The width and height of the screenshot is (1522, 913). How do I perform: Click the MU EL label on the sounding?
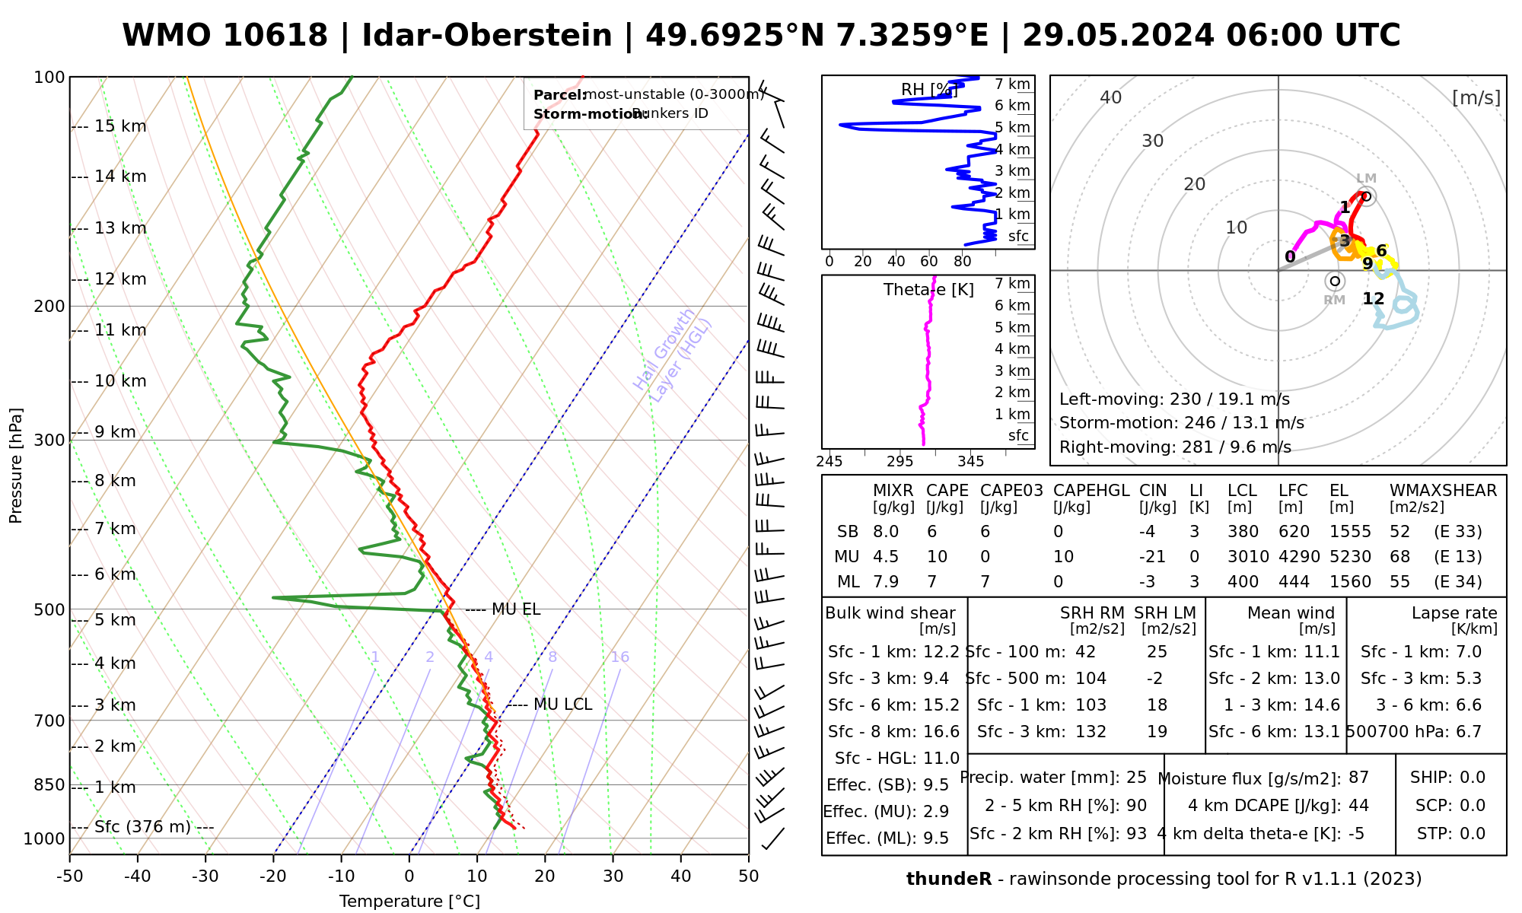pyautogui.click(x=516, y=609)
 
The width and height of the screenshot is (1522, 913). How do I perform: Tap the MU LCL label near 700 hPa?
pyautogui.click(x=562, y=705)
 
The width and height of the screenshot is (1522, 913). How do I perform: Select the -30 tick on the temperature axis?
pyautogui.click(x=205, y=876)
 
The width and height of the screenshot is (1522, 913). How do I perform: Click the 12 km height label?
pyautogui.click(x=120, y=279)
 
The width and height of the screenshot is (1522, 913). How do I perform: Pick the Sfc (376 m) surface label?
pyautogui.click(x=142, y=827)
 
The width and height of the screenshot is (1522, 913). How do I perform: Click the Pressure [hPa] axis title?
pyautogui.click(x=16, y=466)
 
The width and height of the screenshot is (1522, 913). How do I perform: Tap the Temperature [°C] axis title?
pyautogui.click(x=409, y=902)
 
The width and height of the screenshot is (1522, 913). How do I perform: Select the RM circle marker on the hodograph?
pyautogui.click(x=1334, y=282)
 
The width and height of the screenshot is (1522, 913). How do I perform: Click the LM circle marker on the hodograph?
pyautogui.click(x=1367, y=196)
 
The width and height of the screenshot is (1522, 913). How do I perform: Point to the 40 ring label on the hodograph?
pyautogui.click(x=1111, y=97)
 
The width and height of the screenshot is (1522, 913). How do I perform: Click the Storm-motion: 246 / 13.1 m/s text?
pyautogui.click(x=1181, y=423)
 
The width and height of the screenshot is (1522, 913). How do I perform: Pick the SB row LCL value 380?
pyautogui.click(x=1243, y=532)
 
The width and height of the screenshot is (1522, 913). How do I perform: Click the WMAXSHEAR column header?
pyautogui.click(x=1443, y=491)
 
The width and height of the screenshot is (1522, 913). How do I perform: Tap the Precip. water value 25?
pyautogui.click(x=1136, y=778)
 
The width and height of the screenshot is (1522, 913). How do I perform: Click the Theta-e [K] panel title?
pyautogui.click(x=928, y=290)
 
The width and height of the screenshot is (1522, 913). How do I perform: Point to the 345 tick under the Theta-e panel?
pyautogui.click(x=970, y=462)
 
